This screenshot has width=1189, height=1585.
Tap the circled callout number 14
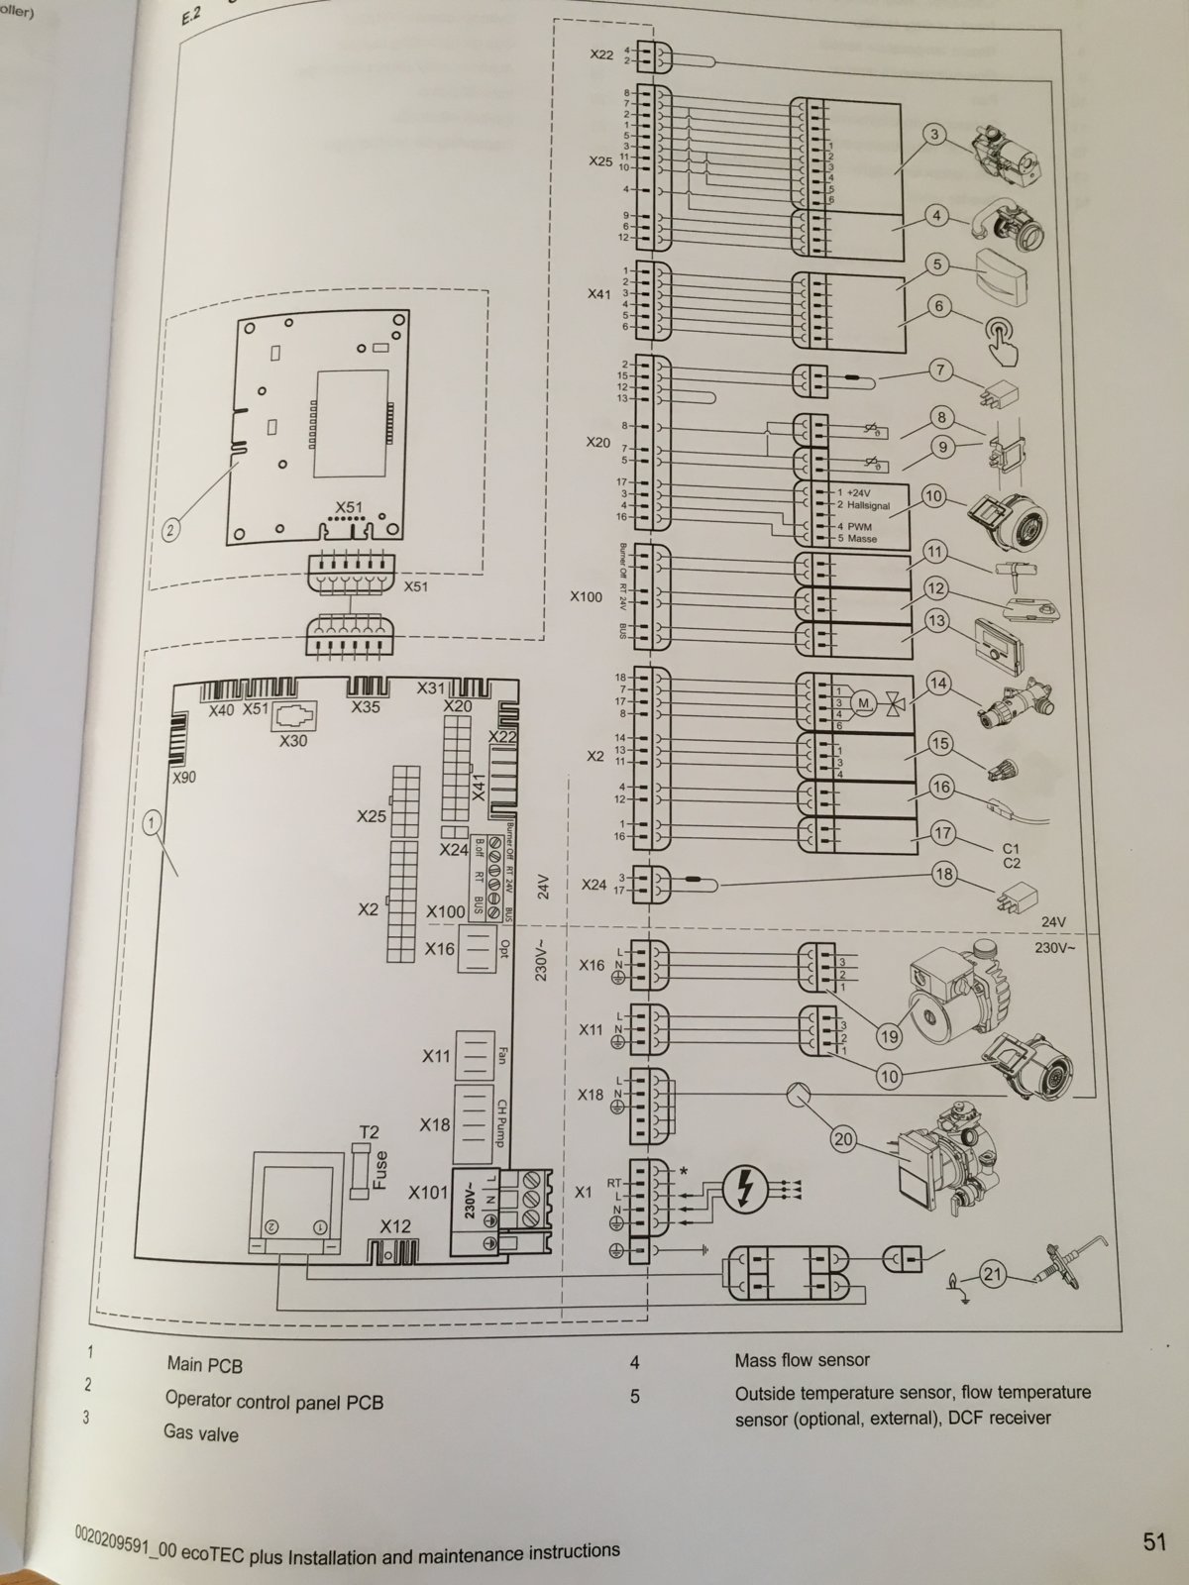click(938, 684)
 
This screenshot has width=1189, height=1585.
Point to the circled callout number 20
click(843, 1140)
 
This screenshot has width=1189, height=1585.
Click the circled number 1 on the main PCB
click(153, 820)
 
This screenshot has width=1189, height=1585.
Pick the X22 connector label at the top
click(600, 54)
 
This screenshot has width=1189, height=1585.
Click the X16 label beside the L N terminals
click(591, 965)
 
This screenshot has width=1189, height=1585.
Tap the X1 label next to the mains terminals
click(583, 1193)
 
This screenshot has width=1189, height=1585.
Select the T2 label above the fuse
click(368, 1131)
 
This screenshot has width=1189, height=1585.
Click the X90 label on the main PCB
click(184, 778)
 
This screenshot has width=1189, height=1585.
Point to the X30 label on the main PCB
click(293, 740)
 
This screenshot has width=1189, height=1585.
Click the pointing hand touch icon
click(1006, 337)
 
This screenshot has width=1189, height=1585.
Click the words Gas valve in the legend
click(201, 1433)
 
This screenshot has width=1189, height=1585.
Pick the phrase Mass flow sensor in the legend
click(803, 1360)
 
